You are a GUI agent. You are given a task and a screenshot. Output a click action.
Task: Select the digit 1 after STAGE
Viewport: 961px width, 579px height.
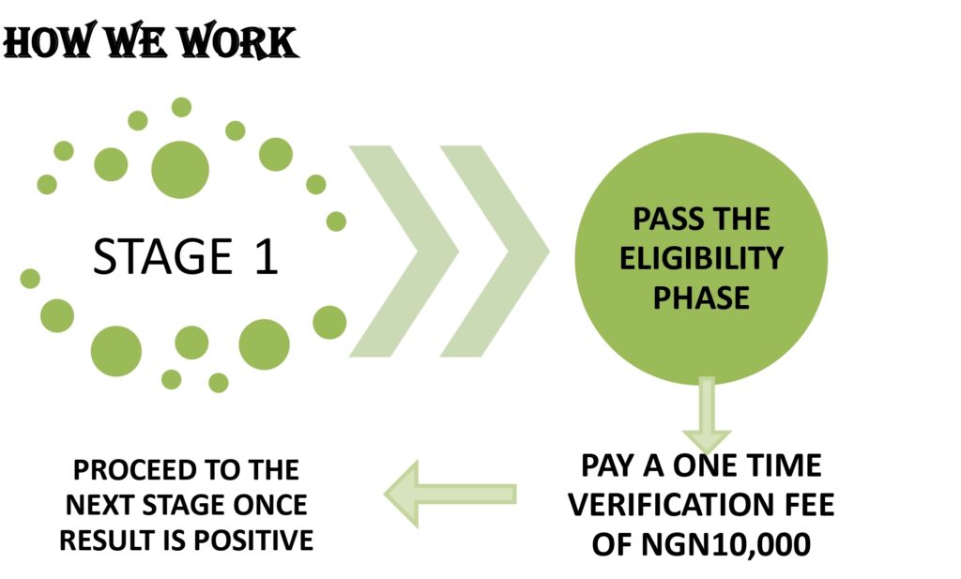[266, 257]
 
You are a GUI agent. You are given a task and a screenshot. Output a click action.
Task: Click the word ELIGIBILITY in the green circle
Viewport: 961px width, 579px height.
[701, 258]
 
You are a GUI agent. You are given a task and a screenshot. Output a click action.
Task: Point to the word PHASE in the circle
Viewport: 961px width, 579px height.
[701, 297]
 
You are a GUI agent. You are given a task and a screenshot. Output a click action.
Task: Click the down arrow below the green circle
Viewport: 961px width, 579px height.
[707, 414]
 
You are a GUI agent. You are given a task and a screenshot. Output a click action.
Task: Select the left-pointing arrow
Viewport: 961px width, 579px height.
[450, 494]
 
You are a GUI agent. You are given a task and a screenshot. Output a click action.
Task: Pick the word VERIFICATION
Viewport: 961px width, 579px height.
[672, 506]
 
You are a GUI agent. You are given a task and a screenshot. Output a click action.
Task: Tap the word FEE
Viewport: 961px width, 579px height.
[805, 506]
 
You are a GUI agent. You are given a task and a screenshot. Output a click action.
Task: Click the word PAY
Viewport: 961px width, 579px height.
[608, 466]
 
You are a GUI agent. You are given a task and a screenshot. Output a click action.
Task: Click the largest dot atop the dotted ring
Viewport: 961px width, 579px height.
[180, 170]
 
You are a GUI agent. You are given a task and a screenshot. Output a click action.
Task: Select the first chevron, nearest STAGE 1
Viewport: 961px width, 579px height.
[404, 251]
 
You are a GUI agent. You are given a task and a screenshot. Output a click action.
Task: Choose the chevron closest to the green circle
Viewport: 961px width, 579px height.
[495, 251]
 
